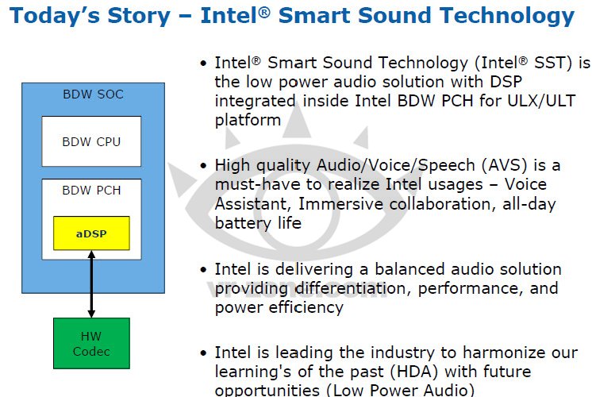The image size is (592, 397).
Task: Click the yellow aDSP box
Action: [x=91, y=233]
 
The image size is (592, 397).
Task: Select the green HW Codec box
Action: [x=91, y=343]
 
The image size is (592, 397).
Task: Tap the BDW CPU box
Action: [x=91, y=141]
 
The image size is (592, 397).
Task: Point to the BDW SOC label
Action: [x=94, y=94]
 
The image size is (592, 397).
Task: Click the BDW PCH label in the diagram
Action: [x=91, y=190]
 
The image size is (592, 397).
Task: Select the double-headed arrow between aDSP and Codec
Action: [x=91, y=284]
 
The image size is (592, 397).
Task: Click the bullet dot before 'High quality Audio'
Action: [x=204, y=165]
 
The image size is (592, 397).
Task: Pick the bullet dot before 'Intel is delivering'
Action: [x=204, y=270]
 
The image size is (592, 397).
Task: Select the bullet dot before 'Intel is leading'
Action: [x=204, y=353]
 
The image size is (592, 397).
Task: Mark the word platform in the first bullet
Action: [x=248, y=120]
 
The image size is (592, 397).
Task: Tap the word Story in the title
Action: [x=139, y=16]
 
